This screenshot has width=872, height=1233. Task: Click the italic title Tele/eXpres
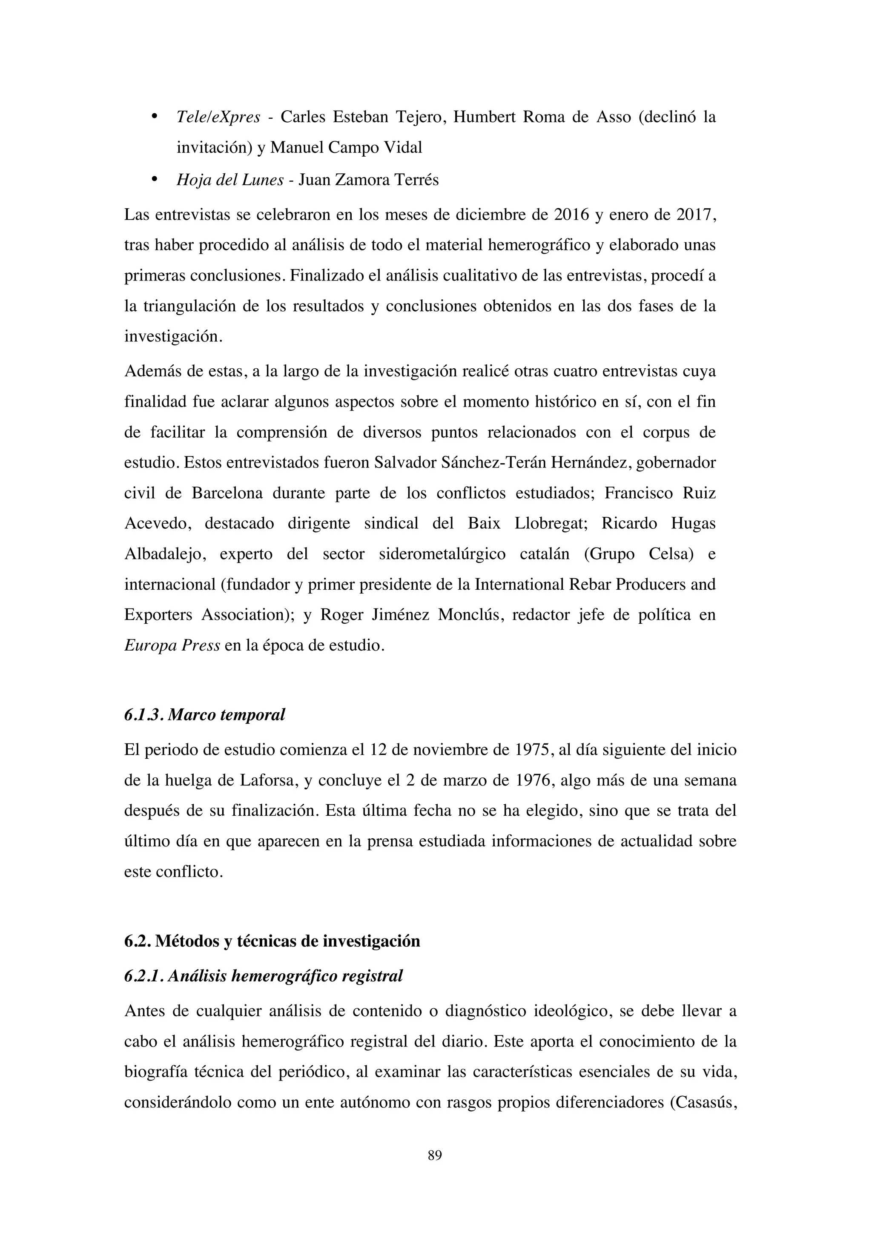pos(218,117)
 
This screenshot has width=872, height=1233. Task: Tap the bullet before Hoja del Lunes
pos(154,179)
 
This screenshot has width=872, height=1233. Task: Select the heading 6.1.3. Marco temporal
pos(204,715)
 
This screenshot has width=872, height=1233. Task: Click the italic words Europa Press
pos(172,645)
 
